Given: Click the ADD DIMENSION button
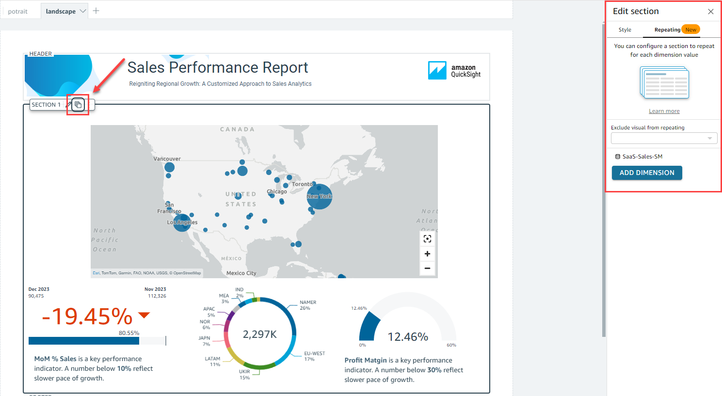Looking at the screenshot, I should tap(647, 173).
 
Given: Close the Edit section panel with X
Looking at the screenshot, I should tap(711, 12).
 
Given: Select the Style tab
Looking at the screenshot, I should tap(625, 30).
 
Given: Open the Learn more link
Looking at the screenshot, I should tap(664, 111).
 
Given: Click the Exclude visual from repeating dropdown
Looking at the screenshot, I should tap(664, 138).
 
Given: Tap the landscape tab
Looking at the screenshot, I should tap(61, 11).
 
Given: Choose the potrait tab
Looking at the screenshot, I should tap(18, 11).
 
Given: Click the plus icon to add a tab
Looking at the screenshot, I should tap(96, 11).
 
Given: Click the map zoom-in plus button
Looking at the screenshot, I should tap(427, 253).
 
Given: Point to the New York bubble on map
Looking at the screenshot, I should tap(320, 196).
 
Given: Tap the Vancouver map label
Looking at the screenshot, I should tap(167, 158).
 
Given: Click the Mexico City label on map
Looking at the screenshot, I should tap(241, 273).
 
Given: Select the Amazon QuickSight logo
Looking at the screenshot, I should tap(454, 71).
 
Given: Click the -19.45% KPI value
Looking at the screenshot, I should tap(87, 317).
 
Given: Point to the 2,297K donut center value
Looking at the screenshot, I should tap(259, 334).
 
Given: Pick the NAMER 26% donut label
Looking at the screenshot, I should tap(307, 305).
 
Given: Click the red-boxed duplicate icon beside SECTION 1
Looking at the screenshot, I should tap(78, 105).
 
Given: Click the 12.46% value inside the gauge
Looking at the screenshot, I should tap(408, 337).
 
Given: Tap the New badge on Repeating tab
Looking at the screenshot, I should tap(690, 30).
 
